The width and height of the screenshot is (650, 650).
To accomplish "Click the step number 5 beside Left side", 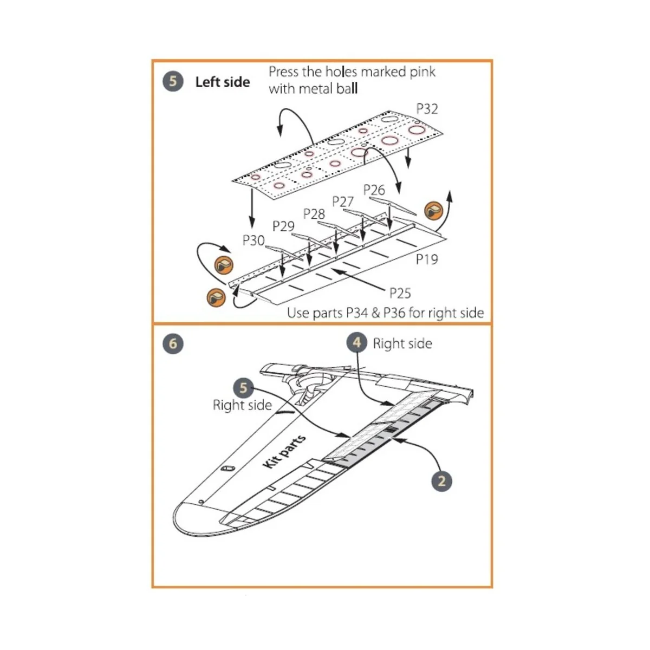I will point(173,82).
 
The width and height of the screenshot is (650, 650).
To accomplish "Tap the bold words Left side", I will point(223,82).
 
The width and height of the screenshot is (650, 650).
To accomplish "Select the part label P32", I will point(427,109).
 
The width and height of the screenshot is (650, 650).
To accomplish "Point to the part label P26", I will point(374,190).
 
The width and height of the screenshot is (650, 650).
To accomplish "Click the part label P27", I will point(343,201).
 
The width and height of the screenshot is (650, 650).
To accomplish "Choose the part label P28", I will point(314,214).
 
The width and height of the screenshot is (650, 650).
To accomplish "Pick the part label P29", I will point(283,226).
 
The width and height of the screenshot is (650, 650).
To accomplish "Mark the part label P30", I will point(253,240).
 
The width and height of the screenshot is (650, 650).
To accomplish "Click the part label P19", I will point(427,259).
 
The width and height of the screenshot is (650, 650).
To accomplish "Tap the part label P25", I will point(400,293).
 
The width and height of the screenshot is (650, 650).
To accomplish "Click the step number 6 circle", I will point(173,343).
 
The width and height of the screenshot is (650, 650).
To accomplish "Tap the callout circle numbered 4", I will point(356,343).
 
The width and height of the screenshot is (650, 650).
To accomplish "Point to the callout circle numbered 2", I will point(441,481).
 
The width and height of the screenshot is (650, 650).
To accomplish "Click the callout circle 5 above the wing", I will point(243,388).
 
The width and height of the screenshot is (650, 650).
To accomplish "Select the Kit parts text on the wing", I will point(284,452).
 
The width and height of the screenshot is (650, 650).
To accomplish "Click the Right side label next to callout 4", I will point(402,343).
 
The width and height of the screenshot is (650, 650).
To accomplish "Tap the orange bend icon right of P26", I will point(434,210).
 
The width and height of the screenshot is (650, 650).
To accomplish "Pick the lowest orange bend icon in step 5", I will point(216,297).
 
